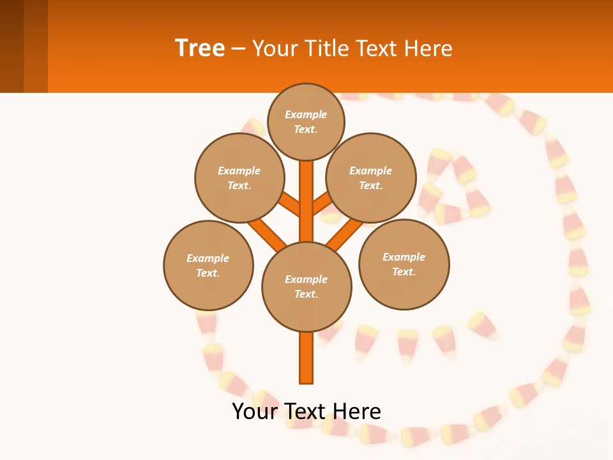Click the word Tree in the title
[200, 48]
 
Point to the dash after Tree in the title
[238, 49]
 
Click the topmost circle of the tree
[306, 121]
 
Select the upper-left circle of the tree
[239, 178]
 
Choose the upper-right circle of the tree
[371, 178]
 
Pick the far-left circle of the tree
[208, 265]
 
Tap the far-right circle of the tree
[404, 264]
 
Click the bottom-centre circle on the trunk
[306, 287]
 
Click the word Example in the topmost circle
[306, 114]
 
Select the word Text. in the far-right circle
[404, 272]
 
